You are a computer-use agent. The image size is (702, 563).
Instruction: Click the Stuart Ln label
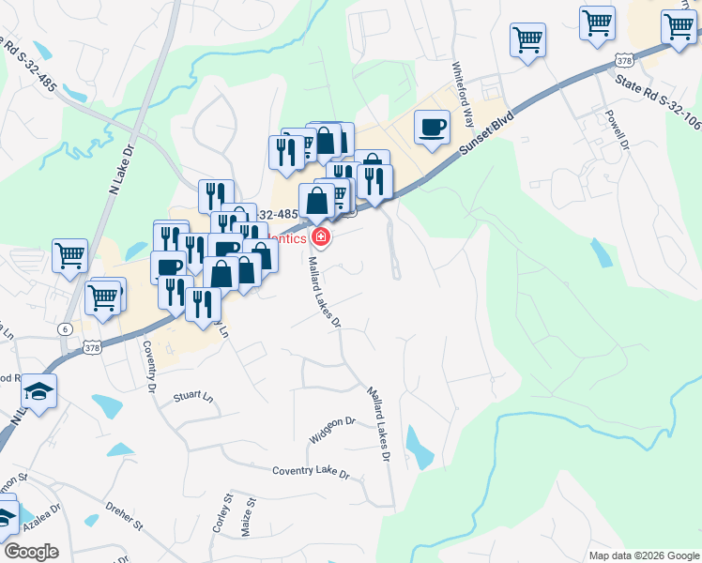[193, 398]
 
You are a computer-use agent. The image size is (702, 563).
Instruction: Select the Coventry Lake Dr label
[310, 471]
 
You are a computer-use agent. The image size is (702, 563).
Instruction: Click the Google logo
[30, 552]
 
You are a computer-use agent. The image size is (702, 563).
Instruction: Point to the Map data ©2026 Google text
[643, 555]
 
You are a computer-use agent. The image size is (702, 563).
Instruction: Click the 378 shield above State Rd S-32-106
[624, 59]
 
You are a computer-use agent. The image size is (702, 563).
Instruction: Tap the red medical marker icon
[322, 237]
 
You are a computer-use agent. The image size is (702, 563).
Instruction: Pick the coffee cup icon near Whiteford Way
[432, 127]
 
